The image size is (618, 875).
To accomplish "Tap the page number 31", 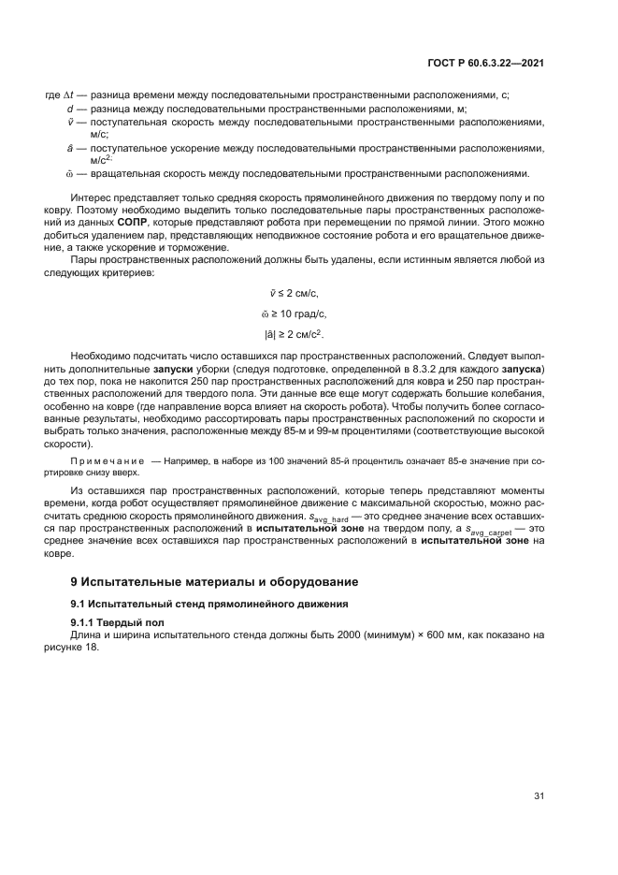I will (539, 795).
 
